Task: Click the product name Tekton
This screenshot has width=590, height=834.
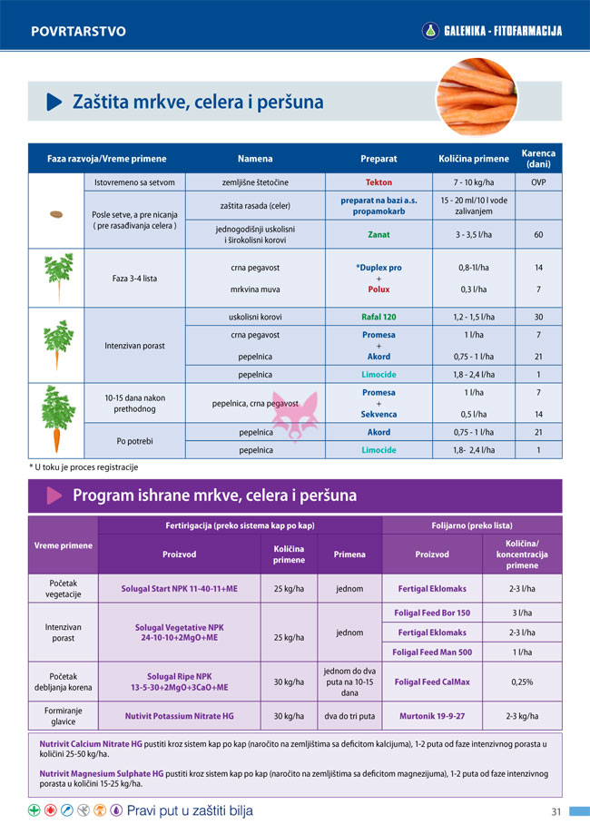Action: point(379,182)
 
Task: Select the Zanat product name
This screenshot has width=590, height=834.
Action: point(379,234)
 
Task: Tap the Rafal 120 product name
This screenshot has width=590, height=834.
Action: point(379,318)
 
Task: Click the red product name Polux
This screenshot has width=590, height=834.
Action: point(379,289)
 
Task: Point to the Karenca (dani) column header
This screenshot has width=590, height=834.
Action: point(538,159)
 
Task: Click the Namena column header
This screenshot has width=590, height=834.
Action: point(255,159)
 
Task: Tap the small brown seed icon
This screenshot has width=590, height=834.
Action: point(57,215)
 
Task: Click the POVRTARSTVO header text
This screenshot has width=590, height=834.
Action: point(78,32)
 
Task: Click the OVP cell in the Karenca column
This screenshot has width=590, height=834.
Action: point(538,182)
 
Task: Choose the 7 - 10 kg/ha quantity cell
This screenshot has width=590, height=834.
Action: point(473,182)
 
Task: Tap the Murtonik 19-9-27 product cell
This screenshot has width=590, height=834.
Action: point(432,716)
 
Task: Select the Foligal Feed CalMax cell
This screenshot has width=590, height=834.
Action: point(432,682)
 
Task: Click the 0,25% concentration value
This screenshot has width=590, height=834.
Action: point(521,682)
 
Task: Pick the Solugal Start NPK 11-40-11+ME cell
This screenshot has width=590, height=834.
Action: point(179,588)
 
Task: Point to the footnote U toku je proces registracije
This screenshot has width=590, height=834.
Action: point(84,466)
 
